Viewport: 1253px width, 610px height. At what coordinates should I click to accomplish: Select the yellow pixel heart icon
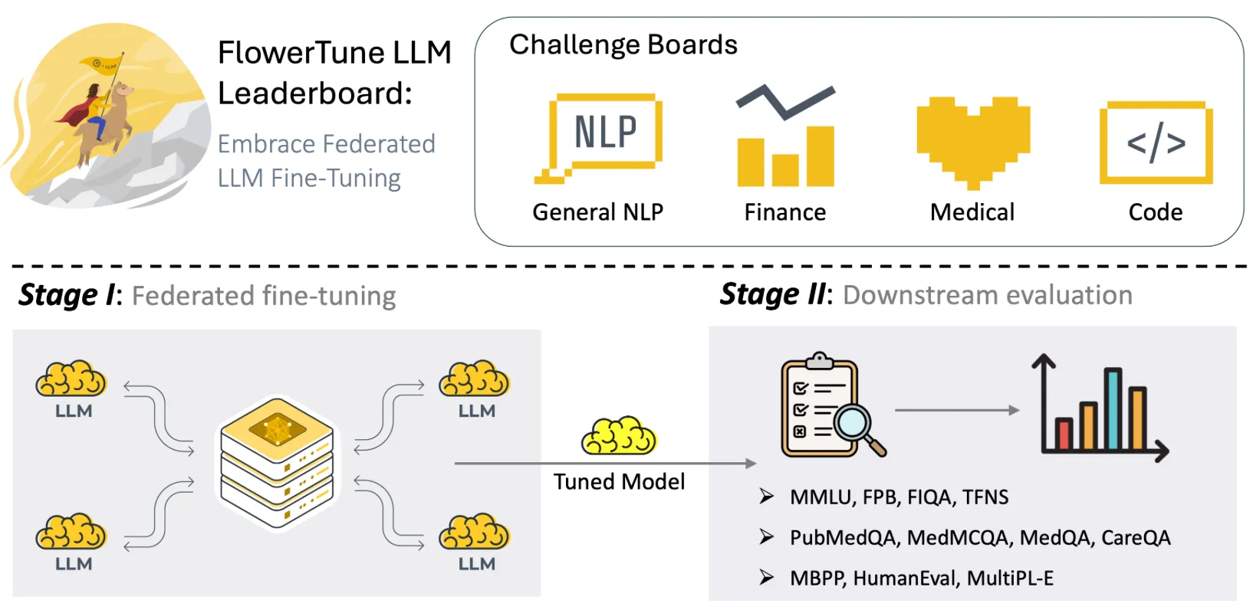(973, 141)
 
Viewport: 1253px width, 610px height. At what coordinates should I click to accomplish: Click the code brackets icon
(1156, 143)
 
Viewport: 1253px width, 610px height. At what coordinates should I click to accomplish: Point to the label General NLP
(597, 212)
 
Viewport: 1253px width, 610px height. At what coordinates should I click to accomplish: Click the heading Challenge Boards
(623, 45)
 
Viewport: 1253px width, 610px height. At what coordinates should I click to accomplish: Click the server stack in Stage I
(277, 462)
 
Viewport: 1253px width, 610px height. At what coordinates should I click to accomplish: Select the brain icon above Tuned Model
(619, 437)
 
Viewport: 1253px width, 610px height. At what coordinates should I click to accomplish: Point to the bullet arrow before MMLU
(766, 497)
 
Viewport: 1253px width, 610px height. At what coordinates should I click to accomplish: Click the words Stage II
(773, 295)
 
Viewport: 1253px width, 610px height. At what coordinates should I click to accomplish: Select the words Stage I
(67, 296)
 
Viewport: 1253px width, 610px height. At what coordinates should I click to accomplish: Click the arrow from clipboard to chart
(956, 411)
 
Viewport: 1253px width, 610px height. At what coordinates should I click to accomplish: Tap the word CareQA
(1136, 538)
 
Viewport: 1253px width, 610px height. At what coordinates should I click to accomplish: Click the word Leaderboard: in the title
(314, 93)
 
